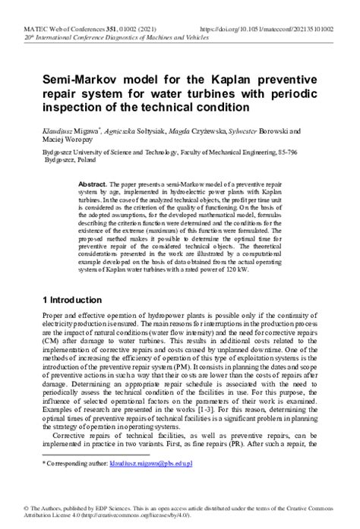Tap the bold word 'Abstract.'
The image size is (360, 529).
pos(93,184)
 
